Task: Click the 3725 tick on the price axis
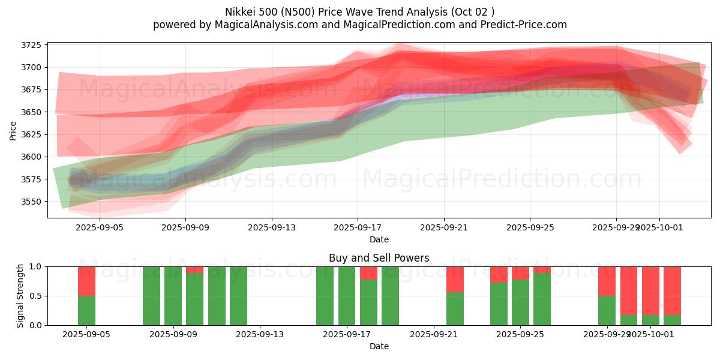coord(31,45)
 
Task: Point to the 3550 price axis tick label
coord(31,202)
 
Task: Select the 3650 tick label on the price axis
coord(31,112)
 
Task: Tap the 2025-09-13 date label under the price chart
coord(271,228)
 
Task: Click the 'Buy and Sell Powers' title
coord(379,258)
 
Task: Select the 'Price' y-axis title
coord(13,130)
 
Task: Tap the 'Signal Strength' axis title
coord(20,296)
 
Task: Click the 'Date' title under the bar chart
coord(379,346)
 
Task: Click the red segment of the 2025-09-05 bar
coord(86,281)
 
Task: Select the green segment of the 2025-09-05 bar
coord(86,310)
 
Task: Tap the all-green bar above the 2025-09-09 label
coord(173,296)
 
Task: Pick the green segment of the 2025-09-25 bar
coord(542,299)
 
